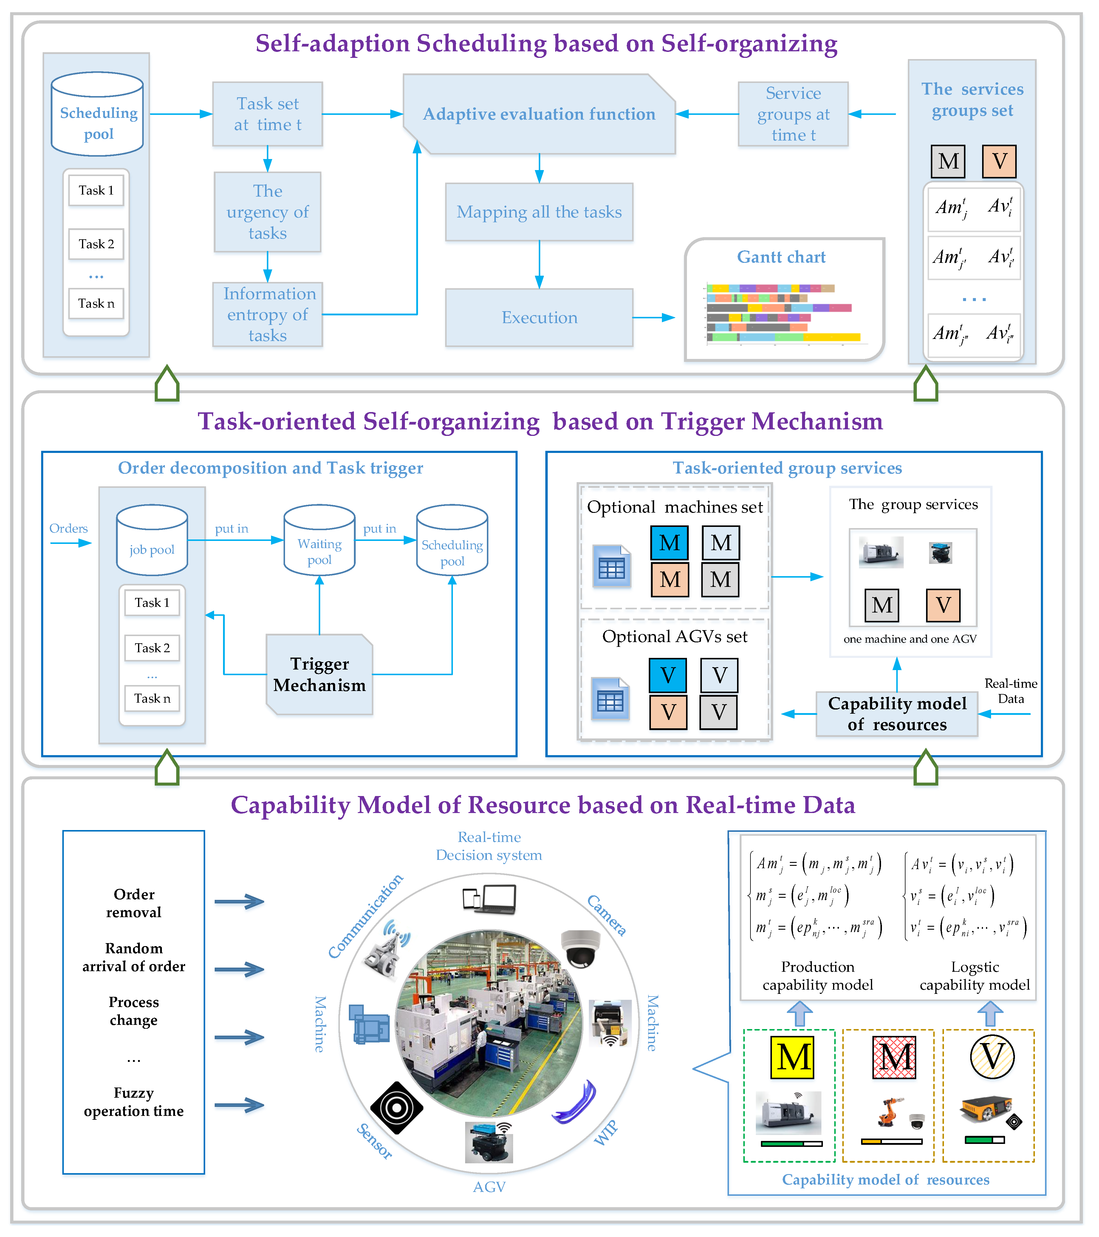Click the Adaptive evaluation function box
tap(539, 114)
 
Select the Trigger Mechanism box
tap(319, 674)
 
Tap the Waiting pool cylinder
tap(319, 540)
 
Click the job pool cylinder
tap(152, 540)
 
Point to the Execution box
tap(539, 317)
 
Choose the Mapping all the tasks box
tap(539, 212)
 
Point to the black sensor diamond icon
tap(396, 1108)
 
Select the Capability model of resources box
tap(897, 714)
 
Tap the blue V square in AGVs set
tap(668, 675)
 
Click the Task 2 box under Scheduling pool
tap(96, 244)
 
